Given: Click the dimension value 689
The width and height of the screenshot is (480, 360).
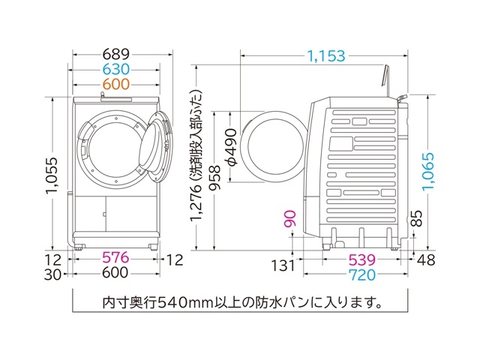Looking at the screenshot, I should pyautogui.click(x=115, y=55).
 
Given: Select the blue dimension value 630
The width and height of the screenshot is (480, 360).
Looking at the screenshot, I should pyautogui.click(x=115, y=70).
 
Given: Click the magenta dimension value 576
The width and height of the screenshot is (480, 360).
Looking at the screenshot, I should pyautogui.click(x=115, y=259).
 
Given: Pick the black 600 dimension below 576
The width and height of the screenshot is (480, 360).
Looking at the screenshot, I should pyautogui.click(x=115, y=274).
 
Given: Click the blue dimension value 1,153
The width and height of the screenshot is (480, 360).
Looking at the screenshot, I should pyautogui.click(x=325, y=55).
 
